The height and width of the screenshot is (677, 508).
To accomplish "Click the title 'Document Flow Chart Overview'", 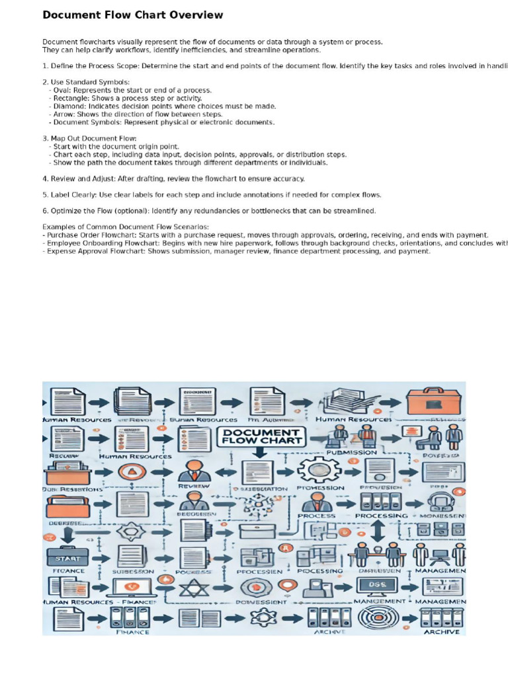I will click(x=133, y=15).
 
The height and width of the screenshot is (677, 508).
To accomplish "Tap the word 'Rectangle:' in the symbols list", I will click(x=74, y=99).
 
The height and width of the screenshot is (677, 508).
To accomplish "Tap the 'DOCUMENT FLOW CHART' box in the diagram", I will click(x=261, y=436).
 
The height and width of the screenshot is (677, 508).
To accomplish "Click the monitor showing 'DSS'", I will click(x=376, y=586).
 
